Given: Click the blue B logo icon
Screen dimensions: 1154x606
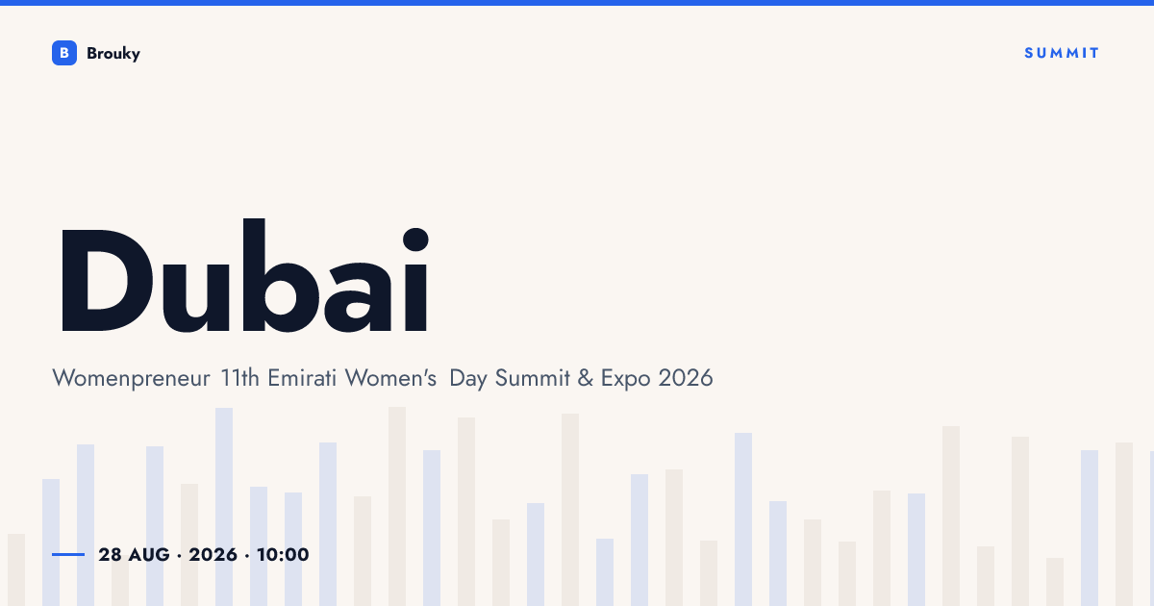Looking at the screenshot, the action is point(64,53).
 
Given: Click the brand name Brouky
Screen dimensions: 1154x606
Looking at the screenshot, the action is point(113,54).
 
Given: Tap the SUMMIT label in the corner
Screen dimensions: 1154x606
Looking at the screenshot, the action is point(1062,53).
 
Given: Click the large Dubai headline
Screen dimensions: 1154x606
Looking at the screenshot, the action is point(244,276).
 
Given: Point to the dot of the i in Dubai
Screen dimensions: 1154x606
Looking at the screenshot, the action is point(415,240).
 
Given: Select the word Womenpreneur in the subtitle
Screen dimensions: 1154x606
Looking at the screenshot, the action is point(131,379).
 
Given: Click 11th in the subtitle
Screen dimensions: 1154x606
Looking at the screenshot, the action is point(239,378).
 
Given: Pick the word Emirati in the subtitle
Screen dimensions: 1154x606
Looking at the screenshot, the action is point(302,378).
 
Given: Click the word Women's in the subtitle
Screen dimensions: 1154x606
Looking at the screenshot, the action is point(390,378).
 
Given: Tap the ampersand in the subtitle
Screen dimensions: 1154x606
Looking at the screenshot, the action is point(586,378).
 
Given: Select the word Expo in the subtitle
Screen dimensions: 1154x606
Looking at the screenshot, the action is point(625,379).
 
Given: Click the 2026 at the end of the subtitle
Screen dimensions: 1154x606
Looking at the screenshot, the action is point(686,378).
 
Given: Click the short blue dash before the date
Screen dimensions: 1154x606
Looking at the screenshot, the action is point(68,554).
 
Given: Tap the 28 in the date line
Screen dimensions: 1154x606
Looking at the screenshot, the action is point(111,555).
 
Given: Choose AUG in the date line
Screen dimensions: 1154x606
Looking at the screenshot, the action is point(149,555).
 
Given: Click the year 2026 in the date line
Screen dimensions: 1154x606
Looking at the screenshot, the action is point(213,555).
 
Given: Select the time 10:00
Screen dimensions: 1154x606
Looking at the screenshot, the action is point(283,555).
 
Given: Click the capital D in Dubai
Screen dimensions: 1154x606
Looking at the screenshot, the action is point(107,280).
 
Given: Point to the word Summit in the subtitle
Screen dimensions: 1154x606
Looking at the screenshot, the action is point(533,378).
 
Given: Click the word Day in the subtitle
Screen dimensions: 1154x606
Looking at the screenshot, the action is point(468,379).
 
